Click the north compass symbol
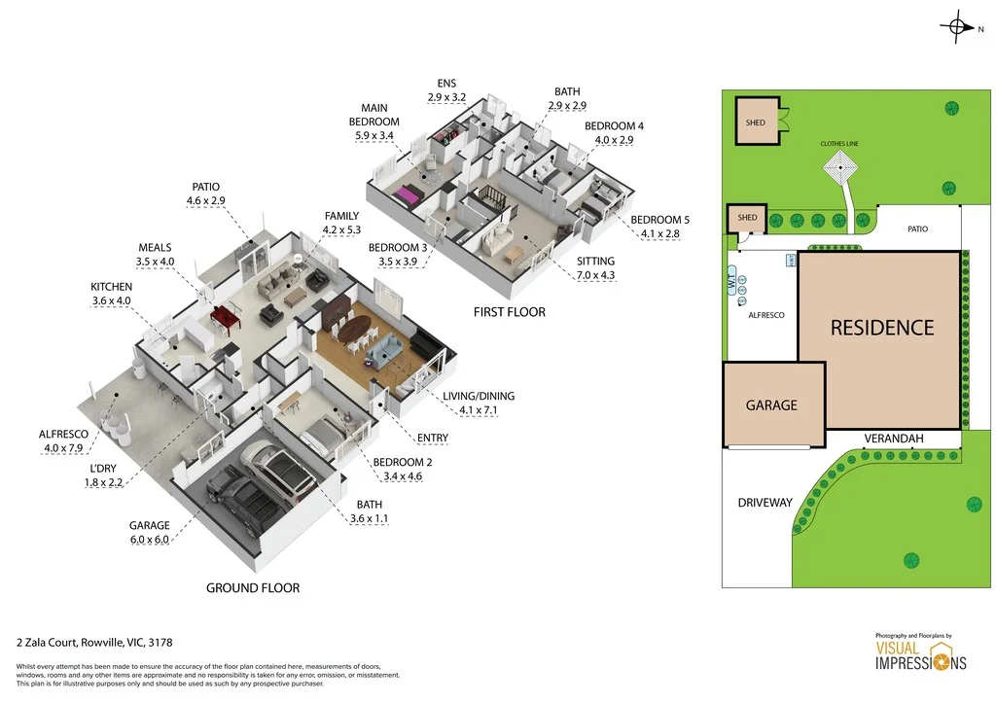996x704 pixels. (x=959, y=28)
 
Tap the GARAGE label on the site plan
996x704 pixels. (x=771, y=405)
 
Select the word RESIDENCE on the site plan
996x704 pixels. (x=881, y=329)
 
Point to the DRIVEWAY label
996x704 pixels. (x=764, y=503)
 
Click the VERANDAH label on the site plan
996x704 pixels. (x=893, y=440)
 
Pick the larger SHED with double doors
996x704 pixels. (x=757, y=123)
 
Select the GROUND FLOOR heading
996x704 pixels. (x=253, y=587)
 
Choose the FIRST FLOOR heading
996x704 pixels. (x=509, y=312)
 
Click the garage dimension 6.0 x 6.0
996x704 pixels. (x=149, y=540)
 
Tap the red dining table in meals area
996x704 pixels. (x=227, y=315)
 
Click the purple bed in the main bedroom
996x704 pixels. (x=406, y=197)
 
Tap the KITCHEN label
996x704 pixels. (x=111, y=287)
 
